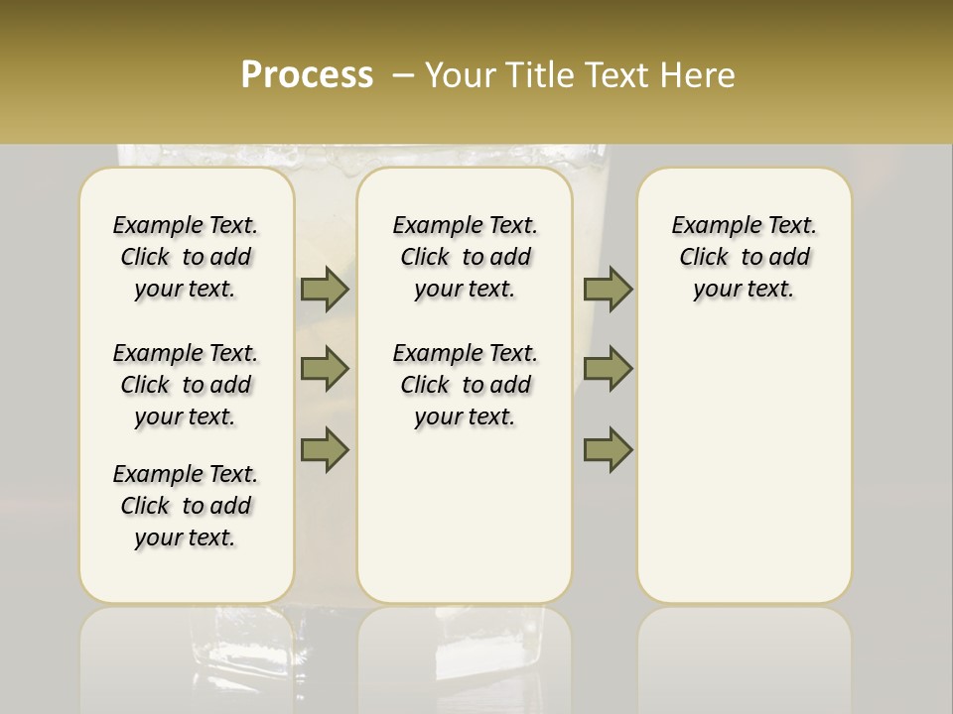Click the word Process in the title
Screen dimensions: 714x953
(307, 75)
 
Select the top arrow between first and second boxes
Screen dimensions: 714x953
(325, 289)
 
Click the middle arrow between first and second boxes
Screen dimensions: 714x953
(325, 369)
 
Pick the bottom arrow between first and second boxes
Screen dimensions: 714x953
(325, 449)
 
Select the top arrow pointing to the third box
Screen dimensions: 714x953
(608, 289)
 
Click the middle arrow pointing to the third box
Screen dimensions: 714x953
(608, 369)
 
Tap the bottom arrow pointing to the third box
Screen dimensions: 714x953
(608, 449)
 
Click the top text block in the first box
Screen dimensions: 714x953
(186, 257)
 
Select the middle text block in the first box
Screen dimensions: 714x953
(186, 385)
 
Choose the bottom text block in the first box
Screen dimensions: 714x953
(186, 506)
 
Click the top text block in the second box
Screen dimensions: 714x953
(465, 257)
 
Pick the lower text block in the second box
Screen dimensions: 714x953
(465, 385)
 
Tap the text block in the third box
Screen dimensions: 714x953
(744, 257)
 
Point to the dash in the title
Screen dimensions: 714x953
(401, 75)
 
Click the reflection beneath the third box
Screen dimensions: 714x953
(745, 654)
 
